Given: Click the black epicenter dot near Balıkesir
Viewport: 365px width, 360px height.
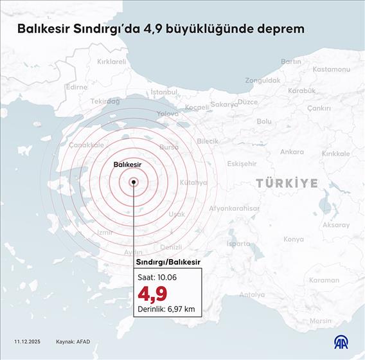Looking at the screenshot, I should coord(134,182).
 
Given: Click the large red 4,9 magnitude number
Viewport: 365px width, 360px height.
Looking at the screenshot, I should coord(152,293).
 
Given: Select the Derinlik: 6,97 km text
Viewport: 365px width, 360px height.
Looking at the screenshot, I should coord(166,309).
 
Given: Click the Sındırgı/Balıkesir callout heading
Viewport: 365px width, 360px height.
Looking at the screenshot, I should coord(168,263).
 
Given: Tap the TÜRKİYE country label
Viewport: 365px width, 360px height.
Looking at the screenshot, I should coord(287,183).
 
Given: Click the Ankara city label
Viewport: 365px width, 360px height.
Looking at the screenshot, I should coord(292,152).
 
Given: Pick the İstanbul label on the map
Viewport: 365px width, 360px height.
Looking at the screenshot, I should coord(163,92).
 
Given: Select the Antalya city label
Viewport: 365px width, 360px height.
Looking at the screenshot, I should coord(252,295).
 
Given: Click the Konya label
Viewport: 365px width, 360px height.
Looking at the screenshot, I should coord(293,239).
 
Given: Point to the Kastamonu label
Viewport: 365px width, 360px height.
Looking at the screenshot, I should coord(332,69).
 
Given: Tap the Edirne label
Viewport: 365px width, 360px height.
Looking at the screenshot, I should coord(76,87).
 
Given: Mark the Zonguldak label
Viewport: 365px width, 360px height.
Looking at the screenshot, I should coord(262,80).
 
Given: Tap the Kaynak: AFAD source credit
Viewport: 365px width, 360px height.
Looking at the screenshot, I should coord(73,341).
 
